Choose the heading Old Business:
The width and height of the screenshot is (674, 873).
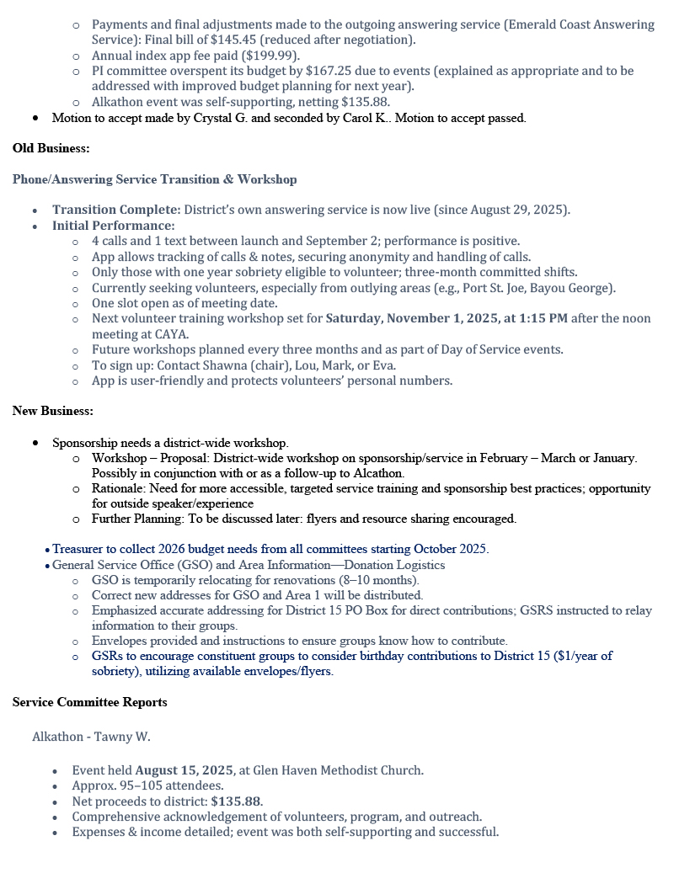[51, 148]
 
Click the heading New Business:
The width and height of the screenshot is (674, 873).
[52, 411]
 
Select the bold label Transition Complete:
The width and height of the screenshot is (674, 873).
[116, 210]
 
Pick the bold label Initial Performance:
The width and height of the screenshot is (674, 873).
[113, 226]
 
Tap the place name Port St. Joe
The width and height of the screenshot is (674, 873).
[500, 288]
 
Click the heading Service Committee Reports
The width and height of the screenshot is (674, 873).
[89, 702]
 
